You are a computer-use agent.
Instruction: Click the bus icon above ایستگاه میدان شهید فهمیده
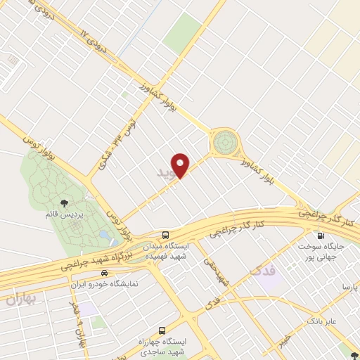click(x=165, y=235)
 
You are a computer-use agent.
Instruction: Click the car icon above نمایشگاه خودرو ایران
click(x=105, y=273)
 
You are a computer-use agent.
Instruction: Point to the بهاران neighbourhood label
click(x=20, y=299)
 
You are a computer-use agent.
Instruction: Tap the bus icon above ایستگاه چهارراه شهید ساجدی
click(x=163, y=330)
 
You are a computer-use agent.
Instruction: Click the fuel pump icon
click(x=321, y=236)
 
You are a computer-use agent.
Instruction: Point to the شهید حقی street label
click(x=218, y=270)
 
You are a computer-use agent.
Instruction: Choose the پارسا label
click(x=349, y=287)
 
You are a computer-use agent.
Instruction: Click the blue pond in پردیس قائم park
click(x=105, y=234)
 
